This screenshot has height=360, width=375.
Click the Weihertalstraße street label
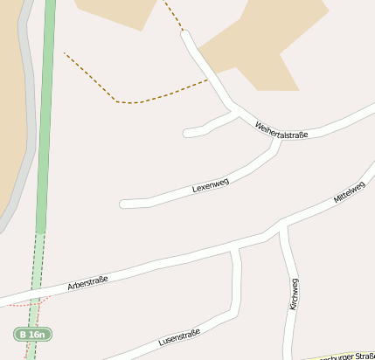click(281, 129)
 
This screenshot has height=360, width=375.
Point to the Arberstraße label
click(87, 282)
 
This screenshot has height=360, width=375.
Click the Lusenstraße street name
click(180, 337)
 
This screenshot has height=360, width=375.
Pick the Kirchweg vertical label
click(294, 294)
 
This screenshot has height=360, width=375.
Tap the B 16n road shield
click(33, 334)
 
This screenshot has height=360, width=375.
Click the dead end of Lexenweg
click(123, 204)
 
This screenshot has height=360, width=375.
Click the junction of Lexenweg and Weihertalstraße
click(279, 140)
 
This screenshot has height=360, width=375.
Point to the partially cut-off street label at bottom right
click(345, 357)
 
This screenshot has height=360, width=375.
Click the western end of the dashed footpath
click(65, 53)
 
